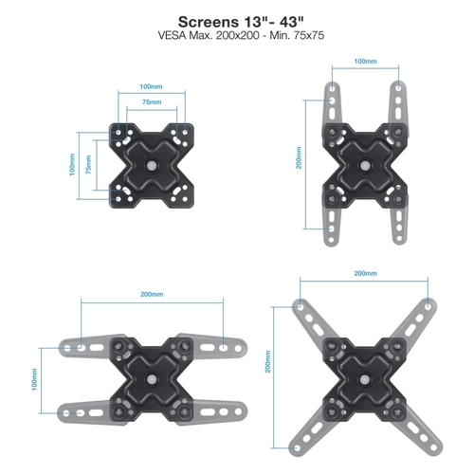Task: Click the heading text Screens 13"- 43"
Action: [x=241, y=22]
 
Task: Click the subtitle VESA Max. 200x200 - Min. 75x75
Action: [x=241, y=35]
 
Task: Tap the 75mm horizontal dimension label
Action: [x=152, y=101]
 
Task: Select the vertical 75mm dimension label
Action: [x=88, y=165]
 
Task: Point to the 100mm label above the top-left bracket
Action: [x=151, y=86]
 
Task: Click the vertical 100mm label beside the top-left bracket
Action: [x=72, y=165]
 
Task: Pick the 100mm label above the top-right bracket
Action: [x=365, y=61]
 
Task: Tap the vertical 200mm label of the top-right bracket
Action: [x=299, y=157]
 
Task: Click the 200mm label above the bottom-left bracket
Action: [x=152, y=294]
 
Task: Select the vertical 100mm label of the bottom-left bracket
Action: [x=34, y=379]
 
